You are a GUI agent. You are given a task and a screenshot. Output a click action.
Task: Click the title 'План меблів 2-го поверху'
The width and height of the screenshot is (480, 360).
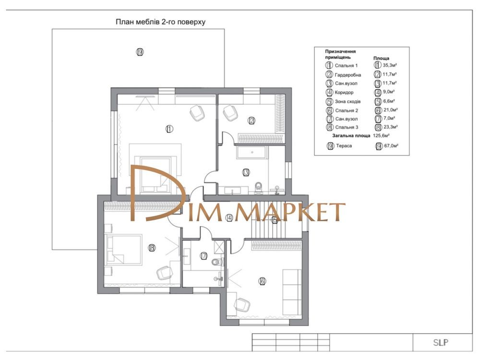(x=160, y=22)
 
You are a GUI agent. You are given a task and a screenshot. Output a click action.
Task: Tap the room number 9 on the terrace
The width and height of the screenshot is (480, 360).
(x=140, y=52)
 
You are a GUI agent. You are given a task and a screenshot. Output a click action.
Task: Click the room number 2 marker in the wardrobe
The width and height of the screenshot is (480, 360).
(x=252, y=120)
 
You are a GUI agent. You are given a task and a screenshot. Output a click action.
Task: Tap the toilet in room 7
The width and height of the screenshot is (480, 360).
(x=217, y=262)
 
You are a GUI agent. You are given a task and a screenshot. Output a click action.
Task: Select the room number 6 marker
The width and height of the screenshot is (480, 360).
(x=262, y=281)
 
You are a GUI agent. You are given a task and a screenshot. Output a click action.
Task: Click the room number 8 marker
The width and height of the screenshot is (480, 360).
(x=151, y=248)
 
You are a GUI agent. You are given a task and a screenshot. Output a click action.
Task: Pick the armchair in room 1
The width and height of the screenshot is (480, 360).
(x=197, y=113)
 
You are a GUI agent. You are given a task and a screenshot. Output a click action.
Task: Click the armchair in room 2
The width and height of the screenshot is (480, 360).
(x=230, y=113)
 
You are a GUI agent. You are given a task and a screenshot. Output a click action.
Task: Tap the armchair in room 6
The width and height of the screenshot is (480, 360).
(x=242, y=305)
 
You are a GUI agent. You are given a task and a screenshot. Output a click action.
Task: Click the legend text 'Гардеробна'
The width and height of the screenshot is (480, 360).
(x=348, y=75)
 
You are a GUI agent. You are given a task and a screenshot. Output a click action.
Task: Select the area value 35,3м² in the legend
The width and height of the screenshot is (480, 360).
(x=390, y=65)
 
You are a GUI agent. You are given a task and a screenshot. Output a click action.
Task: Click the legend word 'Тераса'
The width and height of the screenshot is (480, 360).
(x=344, y=146)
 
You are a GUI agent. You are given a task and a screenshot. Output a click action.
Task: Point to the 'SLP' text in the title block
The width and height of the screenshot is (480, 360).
(x=441, y=342)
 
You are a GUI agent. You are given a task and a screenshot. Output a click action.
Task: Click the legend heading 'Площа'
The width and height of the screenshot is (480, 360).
(x=381, y=58)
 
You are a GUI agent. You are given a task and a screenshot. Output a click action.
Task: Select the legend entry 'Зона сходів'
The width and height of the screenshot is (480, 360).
(x=348, y=101)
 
